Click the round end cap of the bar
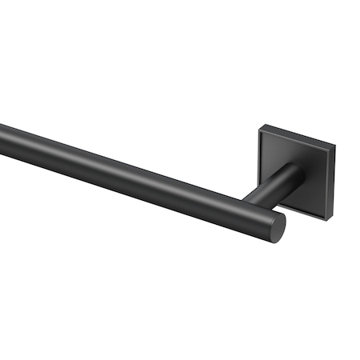[277, 226]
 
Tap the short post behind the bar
[272, 190]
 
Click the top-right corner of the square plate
[334, 147]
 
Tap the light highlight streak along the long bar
[120, 160]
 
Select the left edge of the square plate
[259, 160]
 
